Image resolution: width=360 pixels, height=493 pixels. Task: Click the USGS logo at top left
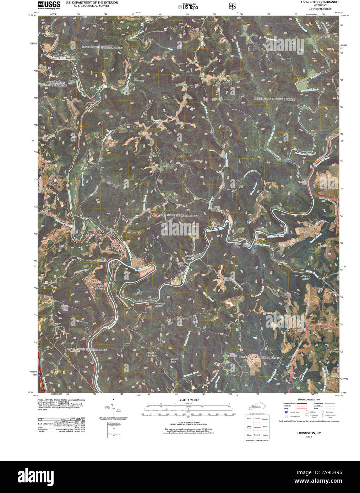[x=49, y=5]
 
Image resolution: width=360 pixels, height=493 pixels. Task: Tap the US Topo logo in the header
[x=188, y=6]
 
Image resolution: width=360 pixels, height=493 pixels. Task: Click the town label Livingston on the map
[x=116, y=245]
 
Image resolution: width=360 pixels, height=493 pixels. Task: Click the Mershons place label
[x=331, y=293]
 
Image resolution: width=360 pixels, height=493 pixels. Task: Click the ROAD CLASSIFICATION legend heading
[x=309, y=400]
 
